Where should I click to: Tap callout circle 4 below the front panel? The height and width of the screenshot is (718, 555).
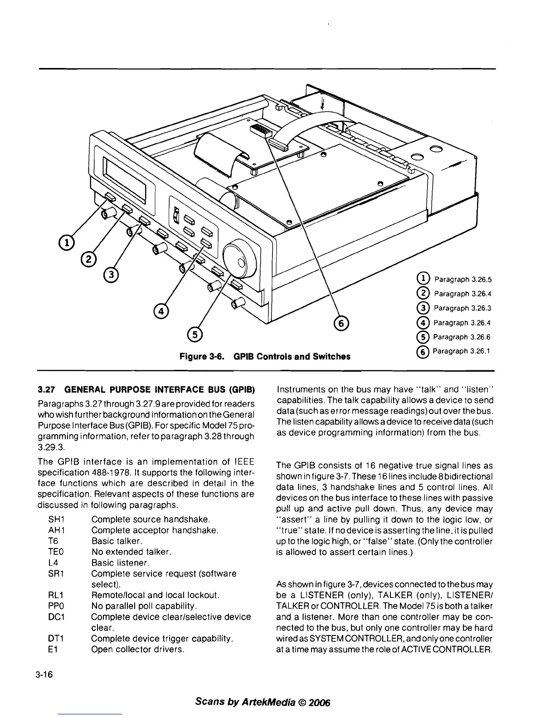click(161, 311)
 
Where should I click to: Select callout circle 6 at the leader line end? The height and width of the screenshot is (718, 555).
click(341, 323)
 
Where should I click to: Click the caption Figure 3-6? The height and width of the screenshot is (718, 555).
click(203, 356)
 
